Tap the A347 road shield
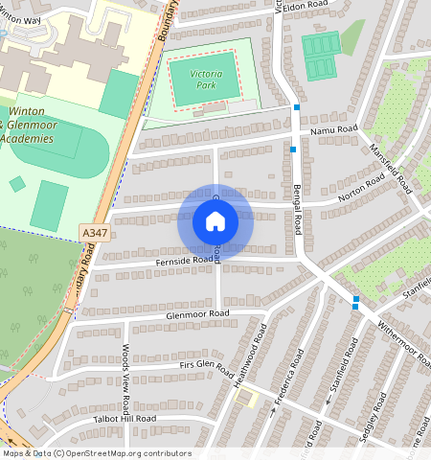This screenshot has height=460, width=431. click(x=94, y=233)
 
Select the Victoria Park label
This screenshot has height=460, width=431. click(x=200, y=79)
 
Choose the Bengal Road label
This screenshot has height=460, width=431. click(x=298, y=205)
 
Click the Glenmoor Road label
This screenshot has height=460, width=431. click(x=197, y=314)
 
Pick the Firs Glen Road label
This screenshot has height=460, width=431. click(x=206, y=365)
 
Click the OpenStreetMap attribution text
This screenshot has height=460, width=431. click(x=96, y=453)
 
